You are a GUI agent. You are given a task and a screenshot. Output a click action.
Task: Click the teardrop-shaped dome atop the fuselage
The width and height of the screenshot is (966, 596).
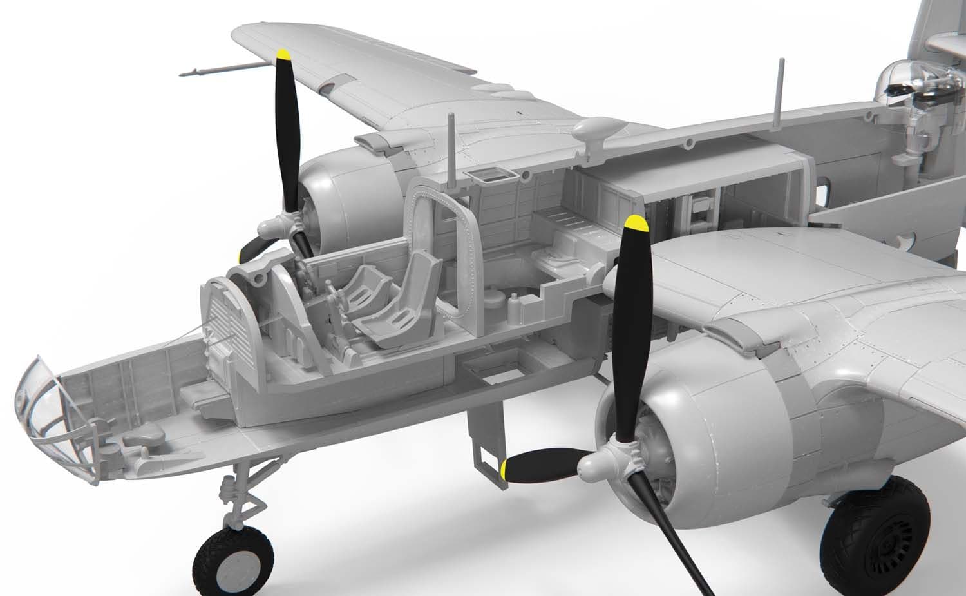coord(596,129)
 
